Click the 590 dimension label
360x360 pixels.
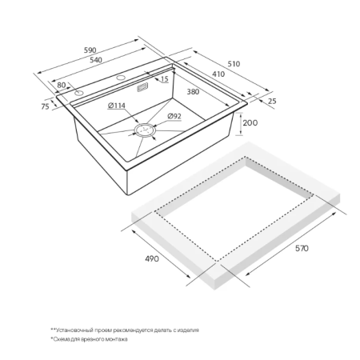point(90,50)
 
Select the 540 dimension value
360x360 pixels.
point(96,60)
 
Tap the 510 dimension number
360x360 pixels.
point(234,64)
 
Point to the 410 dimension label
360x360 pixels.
point(218,74)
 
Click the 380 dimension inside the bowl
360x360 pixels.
point(193,92)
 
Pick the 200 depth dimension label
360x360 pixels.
point(250,123)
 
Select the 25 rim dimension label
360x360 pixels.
point(272,102)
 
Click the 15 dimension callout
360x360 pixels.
point(165,79)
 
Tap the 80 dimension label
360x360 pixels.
point(62,85)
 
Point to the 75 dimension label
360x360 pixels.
point(45,106)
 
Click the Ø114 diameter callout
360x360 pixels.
point(117,106)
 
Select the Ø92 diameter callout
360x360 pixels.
point(174,116)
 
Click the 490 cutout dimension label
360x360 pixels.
point(152,258)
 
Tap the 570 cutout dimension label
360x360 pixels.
point(302,248)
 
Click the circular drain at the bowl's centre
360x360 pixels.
point(145,130)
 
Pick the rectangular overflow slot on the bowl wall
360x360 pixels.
point(142,88)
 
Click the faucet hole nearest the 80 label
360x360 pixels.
point(78,93)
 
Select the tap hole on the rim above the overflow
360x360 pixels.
point(121,78)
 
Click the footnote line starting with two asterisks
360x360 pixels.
point(125,330)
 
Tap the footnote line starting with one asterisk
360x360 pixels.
point(89,339)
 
